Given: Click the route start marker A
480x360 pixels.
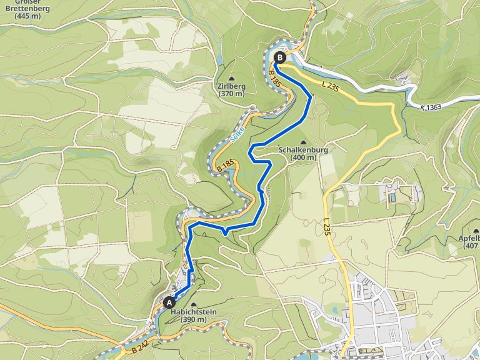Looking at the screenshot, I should (x=168, y=302).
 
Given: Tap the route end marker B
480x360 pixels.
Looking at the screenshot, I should (x=279, y=57).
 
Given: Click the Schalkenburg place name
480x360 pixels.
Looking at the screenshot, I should (x=303, y=150).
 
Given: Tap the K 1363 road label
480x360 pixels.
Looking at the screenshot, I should (x=431, y=107).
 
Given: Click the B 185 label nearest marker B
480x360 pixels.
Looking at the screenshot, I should (x=274, y=78).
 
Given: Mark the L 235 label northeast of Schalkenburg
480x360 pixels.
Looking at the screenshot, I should (x=330, y=88).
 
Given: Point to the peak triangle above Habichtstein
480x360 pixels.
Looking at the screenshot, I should (x=192, y=304).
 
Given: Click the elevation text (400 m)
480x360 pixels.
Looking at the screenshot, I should (x=303, y=158).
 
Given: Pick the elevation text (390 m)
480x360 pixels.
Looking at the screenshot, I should (x=193, y=320).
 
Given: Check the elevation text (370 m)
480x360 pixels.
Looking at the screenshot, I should (x=231, y=94).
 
